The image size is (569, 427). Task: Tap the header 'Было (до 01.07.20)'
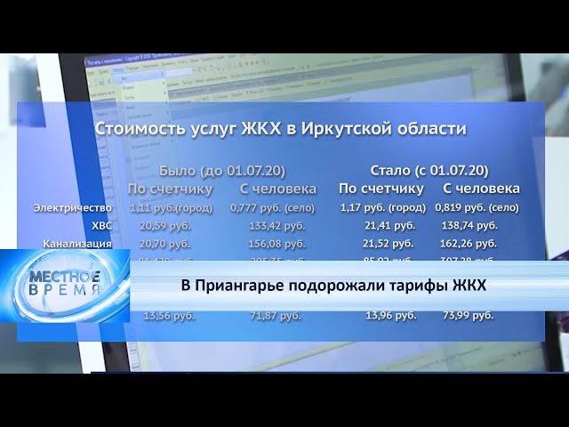[222, 170]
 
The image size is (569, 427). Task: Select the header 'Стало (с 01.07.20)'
[429, 170]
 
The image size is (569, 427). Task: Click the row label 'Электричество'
[73, 208]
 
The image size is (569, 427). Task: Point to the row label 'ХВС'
[102, 226]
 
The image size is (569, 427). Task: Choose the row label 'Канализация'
[77, 243]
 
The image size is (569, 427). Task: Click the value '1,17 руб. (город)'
[383, 207]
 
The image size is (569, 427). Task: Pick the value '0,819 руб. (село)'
[480, 207]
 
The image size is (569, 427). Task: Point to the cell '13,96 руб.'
[391, 316]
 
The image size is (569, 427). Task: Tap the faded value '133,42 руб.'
[276, 226]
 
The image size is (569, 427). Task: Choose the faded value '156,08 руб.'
[276, 243]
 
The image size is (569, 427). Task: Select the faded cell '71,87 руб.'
[276, 316]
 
